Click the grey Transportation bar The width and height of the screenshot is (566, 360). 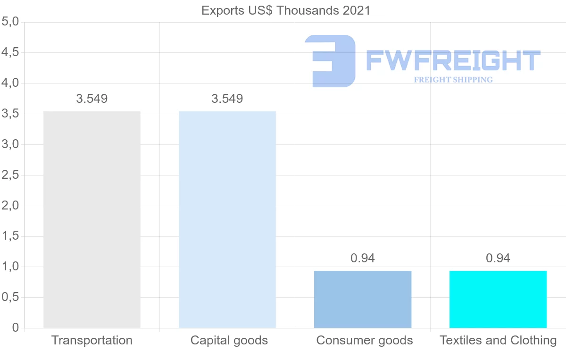[92, 219]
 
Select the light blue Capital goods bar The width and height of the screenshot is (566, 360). [227, 219]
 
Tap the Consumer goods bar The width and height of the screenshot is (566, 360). [363, 299]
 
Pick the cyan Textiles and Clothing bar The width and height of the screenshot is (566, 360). [498, 299]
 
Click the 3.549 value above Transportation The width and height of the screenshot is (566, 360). [92, 99]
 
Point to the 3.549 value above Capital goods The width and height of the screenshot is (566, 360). [227, 99]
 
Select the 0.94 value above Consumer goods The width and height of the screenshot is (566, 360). [363, 258]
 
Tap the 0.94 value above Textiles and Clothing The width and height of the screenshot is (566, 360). [498, 258]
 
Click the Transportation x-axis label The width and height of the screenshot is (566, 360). [92, 340]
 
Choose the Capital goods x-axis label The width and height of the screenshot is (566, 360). [229, 340]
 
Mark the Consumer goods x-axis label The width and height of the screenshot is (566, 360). [365, 340]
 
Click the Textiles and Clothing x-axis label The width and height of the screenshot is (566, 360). [498, 340]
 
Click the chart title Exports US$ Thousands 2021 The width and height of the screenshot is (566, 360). [286, 10]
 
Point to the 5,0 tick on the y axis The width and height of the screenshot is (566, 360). [10, 22]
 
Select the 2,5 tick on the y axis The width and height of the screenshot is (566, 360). [10, 175]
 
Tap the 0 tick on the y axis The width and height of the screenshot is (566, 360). [15, 328]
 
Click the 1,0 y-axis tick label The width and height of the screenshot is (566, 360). [10, 267]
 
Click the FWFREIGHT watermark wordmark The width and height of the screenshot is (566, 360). [453, 61]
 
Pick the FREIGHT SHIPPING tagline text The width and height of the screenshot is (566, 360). [453, 80]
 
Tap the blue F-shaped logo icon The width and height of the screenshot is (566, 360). [330, 61]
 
